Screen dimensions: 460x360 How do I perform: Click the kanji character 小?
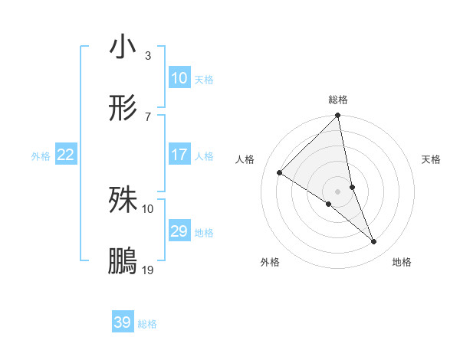123,47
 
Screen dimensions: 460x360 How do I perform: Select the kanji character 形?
123,107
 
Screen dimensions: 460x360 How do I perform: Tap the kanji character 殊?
123,200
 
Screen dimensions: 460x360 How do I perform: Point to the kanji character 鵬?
123,260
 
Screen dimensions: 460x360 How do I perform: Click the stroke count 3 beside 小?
147,56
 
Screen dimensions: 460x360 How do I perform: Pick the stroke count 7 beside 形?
147,116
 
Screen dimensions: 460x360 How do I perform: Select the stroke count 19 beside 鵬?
147,270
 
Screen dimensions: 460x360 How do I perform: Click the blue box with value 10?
179,78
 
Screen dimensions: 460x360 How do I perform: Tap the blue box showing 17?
179,155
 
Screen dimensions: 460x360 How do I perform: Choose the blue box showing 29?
179,231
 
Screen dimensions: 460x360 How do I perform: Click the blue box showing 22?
66,155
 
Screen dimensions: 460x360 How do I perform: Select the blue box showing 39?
123,322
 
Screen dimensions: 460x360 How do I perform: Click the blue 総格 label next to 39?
147,324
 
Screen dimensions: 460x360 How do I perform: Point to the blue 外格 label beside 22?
41,156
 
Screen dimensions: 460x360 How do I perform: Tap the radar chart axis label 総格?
338,100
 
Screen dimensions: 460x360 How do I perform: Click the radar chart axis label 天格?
432,159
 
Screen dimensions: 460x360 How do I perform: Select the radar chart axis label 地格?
402,263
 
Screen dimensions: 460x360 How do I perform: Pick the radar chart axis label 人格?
246,159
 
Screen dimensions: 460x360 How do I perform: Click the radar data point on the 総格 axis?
338,116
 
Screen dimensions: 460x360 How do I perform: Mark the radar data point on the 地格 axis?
374,242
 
